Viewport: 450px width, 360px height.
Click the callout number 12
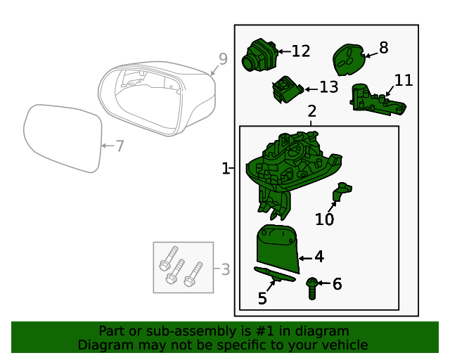pyautogui.click(x=300, y=51)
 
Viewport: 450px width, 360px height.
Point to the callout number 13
pyautogui.click(x=328, y=87)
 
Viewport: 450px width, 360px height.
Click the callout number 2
pyautogui.click(x=311, y=111)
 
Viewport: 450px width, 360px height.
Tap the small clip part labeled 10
pyautogui.click(x=343, y=192)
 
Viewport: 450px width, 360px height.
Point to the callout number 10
pyautogui.click(x=324, y=220)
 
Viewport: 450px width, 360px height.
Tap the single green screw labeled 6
pyautogui.click(x=311, y=284)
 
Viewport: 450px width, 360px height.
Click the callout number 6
pyautogui.click(x=337, y=284)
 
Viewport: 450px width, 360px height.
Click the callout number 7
pyautogui.click(x=120, y=146)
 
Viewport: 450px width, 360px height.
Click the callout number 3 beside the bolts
pyautogui.click(x=225, y=269)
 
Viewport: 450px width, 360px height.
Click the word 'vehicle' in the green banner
pyautogui.click(x=342, y=345)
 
